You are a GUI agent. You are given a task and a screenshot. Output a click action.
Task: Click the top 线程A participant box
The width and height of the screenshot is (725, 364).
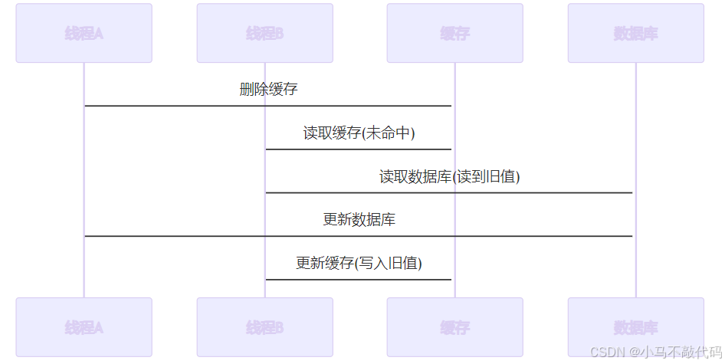[x=84, y=33]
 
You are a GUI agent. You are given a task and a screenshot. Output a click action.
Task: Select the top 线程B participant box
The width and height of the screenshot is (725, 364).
[x=264, y=33]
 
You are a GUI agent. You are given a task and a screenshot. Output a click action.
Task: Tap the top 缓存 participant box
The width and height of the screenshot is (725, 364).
[x=454, y=33]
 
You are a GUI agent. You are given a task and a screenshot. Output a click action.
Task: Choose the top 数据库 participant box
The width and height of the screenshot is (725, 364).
[x=635, y=33]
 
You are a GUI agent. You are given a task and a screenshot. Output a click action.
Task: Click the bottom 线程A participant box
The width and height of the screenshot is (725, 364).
[x=84, y=327]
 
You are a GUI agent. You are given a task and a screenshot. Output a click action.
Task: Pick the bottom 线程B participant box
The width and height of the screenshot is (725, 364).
[x=264, y=327]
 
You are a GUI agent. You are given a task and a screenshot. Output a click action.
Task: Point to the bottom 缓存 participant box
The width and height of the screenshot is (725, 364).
[x=454, y=327]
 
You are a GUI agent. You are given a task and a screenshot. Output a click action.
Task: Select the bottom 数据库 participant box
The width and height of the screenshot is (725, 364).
[x=635, y=327]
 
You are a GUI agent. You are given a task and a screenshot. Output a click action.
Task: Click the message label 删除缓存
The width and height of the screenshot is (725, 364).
[x=268, y=90]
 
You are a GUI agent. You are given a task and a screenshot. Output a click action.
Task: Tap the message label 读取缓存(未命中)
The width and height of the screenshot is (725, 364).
[x=359, y=133]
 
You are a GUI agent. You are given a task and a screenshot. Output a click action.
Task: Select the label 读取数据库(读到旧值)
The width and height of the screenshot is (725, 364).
[x=449, y=177]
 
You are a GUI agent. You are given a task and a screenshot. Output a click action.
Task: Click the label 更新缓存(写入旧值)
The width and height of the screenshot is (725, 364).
[x=359, y=264]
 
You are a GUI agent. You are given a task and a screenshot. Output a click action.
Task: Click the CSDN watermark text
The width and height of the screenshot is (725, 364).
[x=609, y=352]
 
